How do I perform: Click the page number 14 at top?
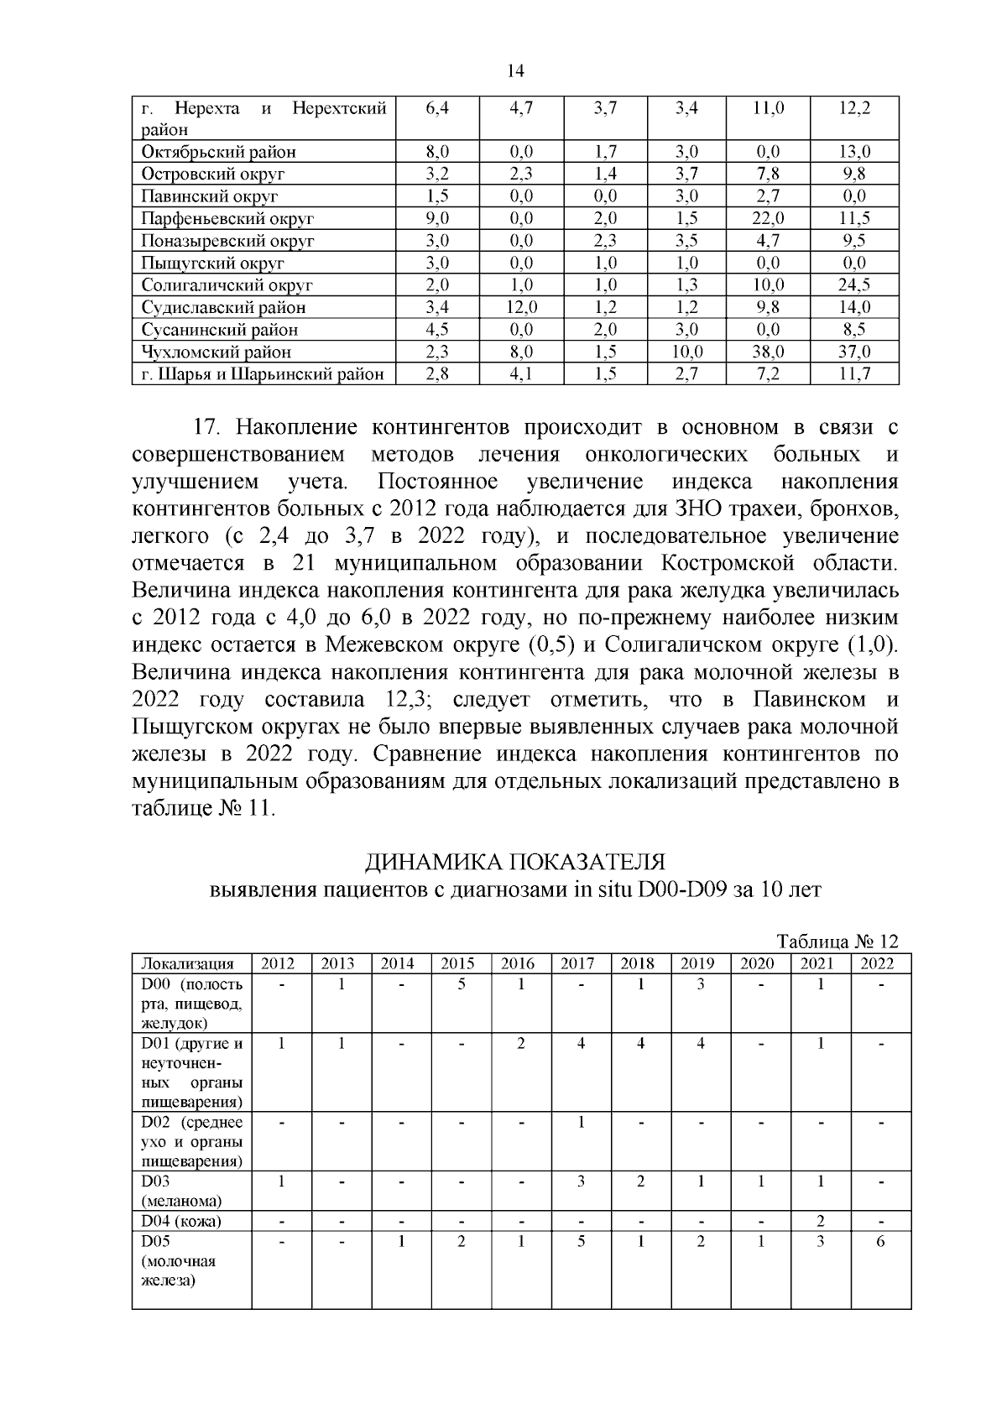click(x=516, y=72)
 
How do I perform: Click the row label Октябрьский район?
click(x=218, y=152)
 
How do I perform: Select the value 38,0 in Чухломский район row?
click(x=768, y=352)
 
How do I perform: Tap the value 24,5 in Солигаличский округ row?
click(x=854, y=285)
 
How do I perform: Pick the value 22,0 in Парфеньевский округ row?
click(x=768, y=218)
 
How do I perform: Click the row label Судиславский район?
click(x=223, y=308)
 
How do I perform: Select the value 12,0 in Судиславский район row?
click(x=521, y=307)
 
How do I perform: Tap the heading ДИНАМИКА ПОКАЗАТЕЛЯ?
click(x=514, y=862)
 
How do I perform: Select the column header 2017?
click(x=577, y=964)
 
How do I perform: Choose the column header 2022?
click(x=877, y=964)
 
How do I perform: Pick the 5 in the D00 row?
click(x=462, y=985)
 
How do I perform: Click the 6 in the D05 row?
click(x=880, y=1242)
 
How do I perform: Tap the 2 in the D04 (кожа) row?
click(x=820, y=1221)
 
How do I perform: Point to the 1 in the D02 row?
click(x=581, y=1122)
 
